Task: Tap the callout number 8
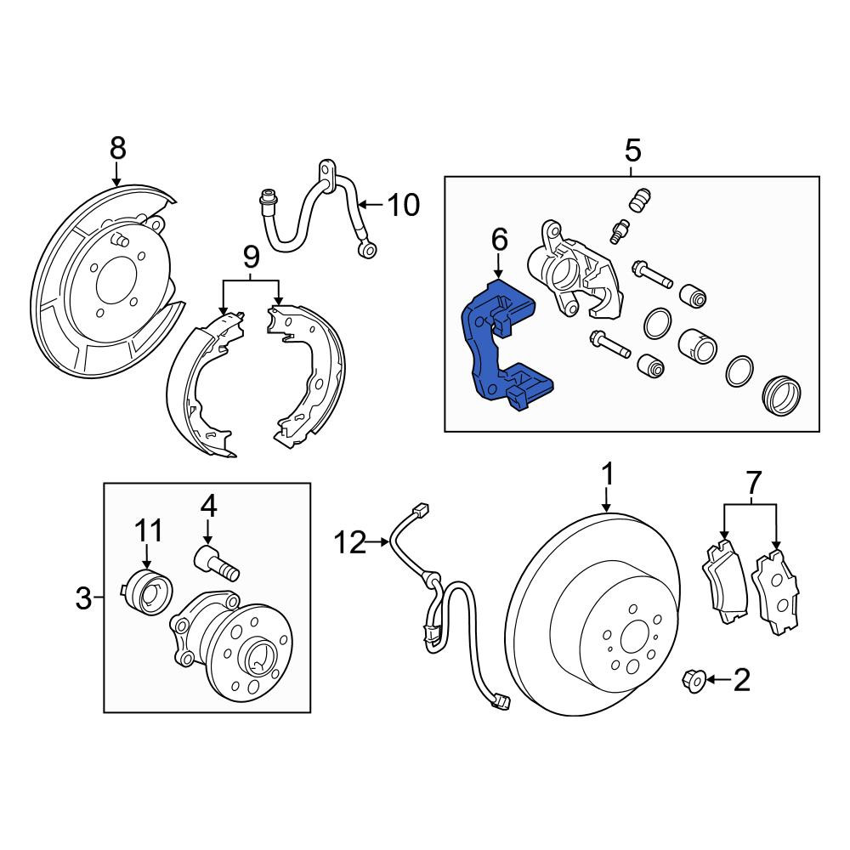point(117,148)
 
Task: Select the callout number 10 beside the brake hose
point(403,205)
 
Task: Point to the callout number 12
point(350,542)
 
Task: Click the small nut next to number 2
point(694,680)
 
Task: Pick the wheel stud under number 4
point(217,564)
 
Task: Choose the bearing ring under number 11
point(146,591)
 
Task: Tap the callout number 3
point(83,598)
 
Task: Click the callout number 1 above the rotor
point(609,474)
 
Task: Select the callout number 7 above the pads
point(753,482)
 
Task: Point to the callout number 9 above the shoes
point(251,257)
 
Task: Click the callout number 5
point(632,150)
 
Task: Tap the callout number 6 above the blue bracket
point(499,239)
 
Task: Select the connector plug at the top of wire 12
point(420,509)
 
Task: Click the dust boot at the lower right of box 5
point(782,395)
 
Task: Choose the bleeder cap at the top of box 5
point(640,200)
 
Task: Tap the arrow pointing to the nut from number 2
point(719,679)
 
